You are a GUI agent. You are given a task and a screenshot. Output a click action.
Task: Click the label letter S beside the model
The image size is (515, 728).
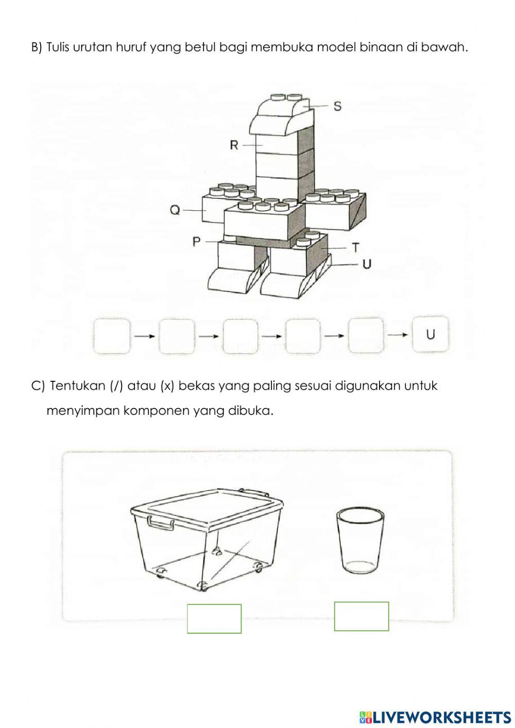click(337, 106)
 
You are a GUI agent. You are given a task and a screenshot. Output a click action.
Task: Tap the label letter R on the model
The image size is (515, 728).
click(234, 145)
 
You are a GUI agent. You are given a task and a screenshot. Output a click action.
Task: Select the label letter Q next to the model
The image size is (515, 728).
click(175, 210)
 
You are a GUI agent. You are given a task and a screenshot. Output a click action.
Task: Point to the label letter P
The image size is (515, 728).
click(197, 242)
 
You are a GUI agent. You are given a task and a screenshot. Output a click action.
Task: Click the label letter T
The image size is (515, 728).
click(355, 248)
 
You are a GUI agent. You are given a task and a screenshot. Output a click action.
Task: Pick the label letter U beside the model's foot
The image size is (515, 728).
click(367, 264)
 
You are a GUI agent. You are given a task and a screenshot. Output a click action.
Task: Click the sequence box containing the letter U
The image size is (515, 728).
click(431, 335)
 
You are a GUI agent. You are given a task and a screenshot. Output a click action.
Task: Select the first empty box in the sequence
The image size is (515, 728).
click(112, 336)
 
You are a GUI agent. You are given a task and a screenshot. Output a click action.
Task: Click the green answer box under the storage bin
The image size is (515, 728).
click(214, 618)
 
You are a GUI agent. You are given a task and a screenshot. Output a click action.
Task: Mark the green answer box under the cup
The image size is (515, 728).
click(362, 616)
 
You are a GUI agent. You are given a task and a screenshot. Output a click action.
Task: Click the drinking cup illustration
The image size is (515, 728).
click(360, 540)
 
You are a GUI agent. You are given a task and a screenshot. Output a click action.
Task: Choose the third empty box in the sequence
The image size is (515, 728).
click(240, 336)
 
